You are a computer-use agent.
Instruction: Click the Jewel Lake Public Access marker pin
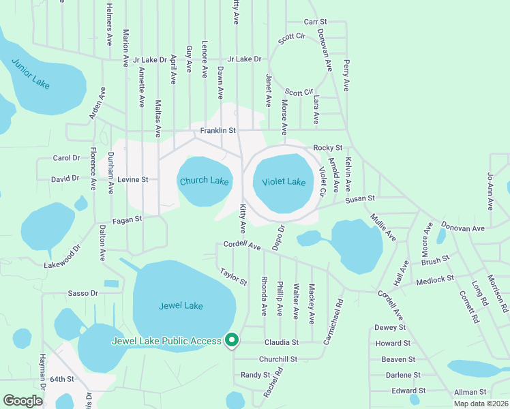click(x=232, y=339)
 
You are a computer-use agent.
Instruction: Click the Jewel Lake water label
click(x=181, y=306)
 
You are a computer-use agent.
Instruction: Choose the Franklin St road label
click(x=217, y=130)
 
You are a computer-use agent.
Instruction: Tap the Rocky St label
click(x=327, y=148)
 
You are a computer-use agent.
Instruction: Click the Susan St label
click(x=360, y=198)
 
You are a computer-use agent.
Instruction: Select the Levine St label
click(x=132, y=180)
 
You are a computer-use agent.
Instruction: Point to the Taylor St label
click(x=233, y=277)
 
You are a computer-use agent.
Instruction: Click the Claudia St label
click(x=286, y=342)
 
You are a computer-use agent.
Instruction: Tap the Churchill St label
click(x=277, y=359)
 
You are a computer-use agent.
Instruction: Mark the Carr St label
click(x=316, y=22)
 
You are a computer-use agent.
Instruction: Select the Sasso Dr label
click(x=83, y=293)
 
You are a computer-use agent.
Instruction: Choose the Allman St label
click(x=471, y=392)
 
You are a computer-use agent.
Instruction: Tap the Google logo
click(x=22, y=401)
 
